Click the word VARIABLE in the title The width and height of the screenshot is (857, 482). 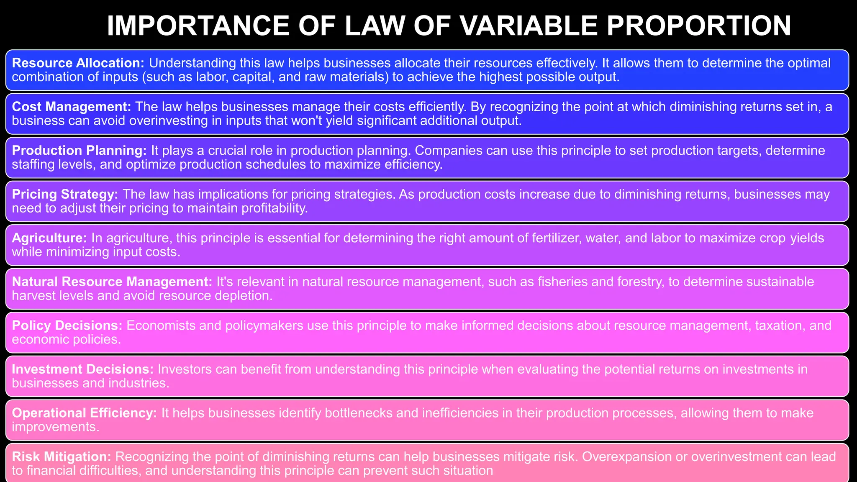529,26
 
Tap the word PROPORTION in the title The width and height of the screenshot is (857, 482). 698,26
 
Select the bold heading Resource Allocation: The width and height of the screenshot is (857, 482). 78,63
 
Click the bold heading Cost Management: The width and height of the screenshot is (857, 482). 72,107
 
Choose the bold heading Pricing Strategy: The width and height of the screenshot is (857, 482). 65,194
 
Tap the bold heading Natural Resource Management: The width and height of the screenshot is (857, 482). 112,282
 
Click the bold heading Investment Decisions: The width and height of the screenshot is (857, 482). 83,369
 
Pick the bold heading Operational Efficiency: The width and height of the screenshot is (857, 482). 84,413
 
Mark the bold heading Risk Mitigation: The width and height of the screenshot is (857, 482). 62,456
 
